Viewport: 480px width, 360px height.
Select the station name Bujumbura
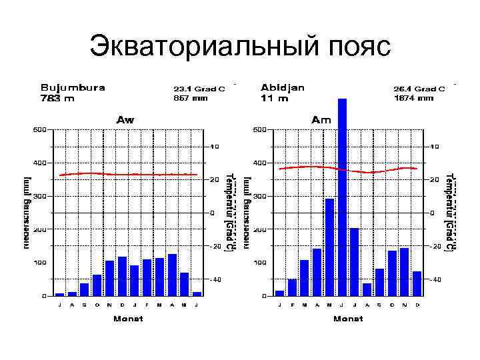click(x=73, y=87)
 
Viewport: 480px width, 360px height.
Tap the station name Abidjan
click(x=283, y=87)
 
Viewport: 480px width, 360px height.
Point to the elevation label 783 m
click(x=57, y=98)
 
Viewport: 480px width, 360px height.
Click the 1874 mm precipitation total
click(x=413, y=98)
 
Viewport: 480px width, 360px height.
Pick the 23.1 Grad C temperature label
click(x=199, y=88)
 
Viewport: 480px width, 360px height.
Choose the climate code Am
click(x=321, y=120)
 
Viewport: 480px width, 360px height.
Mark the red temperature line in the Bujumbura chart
click(x=133, y=174)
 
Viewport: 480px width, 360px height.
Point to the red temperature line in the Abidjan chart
click(x=347, y=169)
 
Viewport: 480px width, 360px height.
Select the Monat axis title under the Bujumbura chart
click(x=128, y=319)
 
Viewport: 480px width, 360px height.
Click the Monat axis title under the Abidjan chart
click(x=347, y=319)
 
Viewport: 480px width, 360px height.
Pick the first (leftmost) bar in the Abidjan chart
click(x=279, y=293)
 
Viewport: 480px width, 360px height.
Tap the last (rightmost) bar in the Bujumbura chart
click(x=197, y=293)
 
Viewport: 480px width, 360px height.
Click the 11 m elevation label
click(x=275, y=98)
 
